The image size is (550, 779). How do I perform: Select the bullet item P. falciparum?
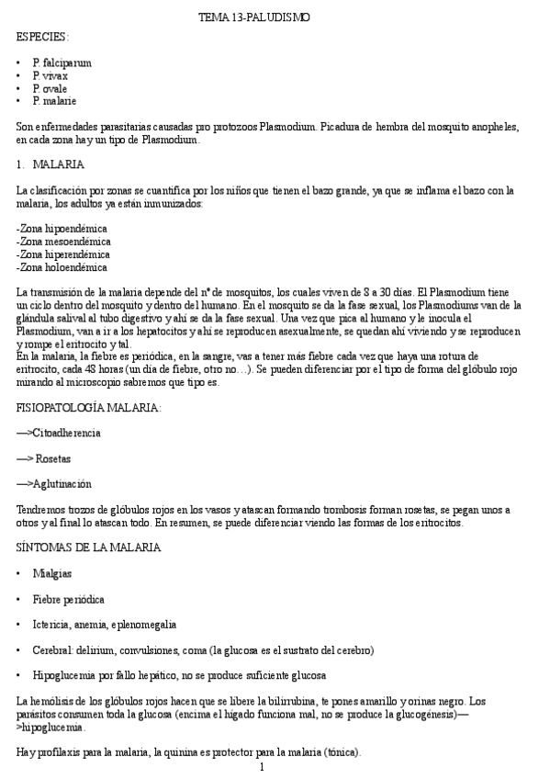pos(62,62)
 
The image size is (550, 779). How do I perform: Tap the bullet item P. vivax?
pos(51,75)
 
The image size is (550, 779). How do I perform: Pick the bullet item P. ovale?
pos(51,88)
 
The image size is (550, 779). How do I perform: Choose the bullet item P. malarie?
pos(54,101)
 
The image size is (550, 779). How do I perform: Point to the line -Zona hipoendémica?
pos(62,228)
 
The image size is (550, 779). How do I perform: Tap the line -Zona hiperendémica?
pos(63,254)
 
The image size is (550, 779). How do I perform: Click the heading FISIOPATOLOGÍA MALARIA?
pos(89,406)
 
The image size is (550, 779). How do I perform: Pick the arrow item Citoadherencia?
pos(59,432)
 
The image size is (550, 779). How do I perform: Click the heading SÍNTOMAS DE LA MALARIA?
pos(89,548)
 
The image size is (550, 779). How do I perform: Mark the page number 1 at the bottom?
pos(263,766)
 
